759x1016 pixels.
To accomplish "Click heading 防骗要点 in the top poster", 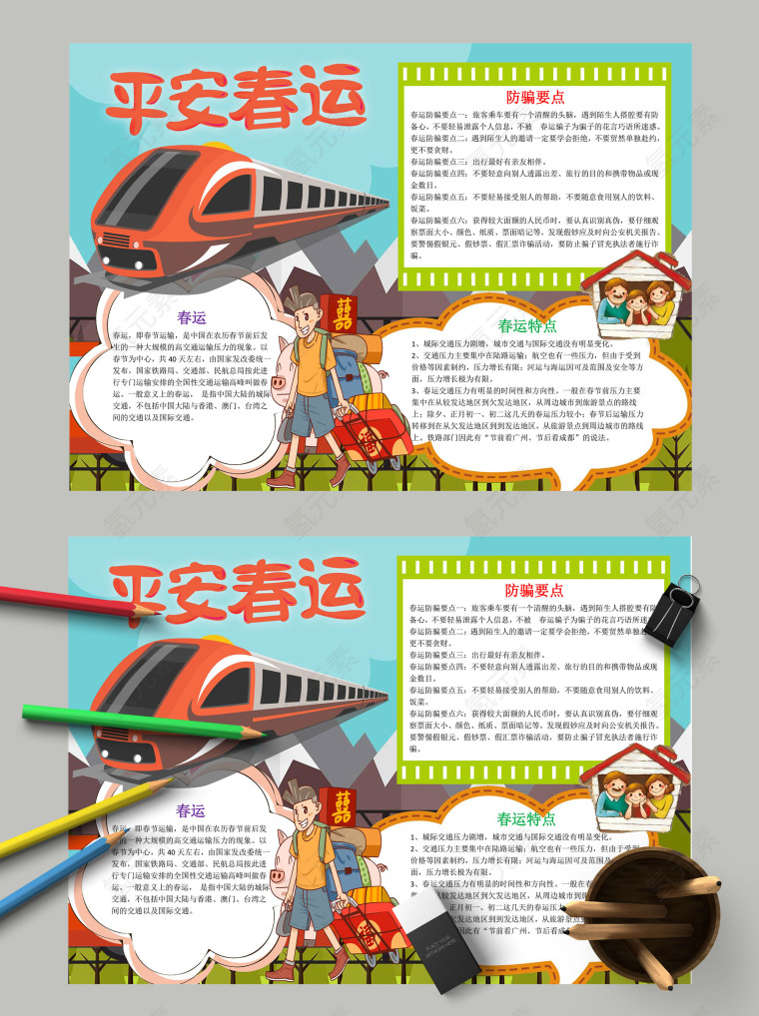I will coord(534,98).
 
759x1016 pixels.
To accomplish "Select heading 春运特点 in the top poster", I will coord(526,325).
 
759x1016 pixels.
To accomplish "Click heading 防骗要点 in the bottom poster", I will coord(534,590).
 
